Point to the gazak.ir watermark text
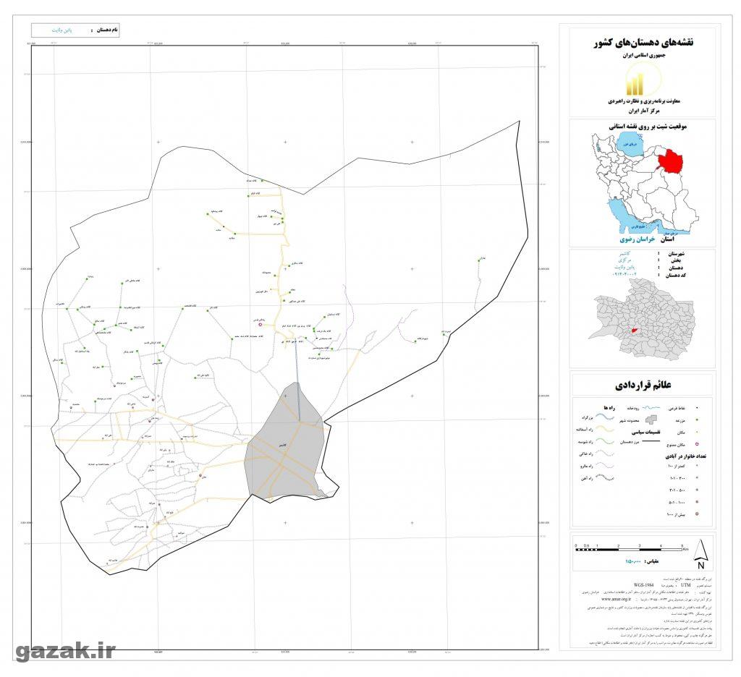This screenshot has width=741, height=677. pos(65,652)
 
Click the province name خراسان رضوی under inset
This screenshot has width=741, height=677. pos(637,239)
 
